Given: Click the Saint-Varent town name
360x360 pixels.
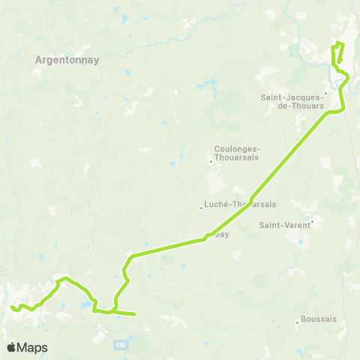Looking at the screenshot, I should tap(284, 224).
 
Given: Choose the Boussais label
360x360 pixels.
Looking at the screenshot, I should tap(319, 319).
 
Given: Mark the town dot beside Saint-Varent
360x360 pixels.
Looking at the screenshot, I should tap(312, 222).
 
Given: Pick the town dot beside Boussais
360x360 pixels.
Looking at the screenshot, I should tap(298, 323).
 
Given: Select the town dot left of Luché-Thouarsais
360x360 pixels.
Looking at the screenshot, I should tap(202, 208).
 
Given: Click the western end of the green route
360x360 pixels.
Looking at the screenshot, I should tap(12, 307).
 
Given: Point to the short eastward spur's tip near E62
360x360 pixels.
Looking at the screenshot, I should tap(135, 314).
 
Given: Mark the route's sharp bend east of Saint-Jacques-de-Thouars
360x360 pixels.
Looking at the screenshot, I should tap(343, 109).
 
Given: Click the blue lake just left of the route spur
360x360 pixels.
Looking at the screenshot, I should tap(80, 305).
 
